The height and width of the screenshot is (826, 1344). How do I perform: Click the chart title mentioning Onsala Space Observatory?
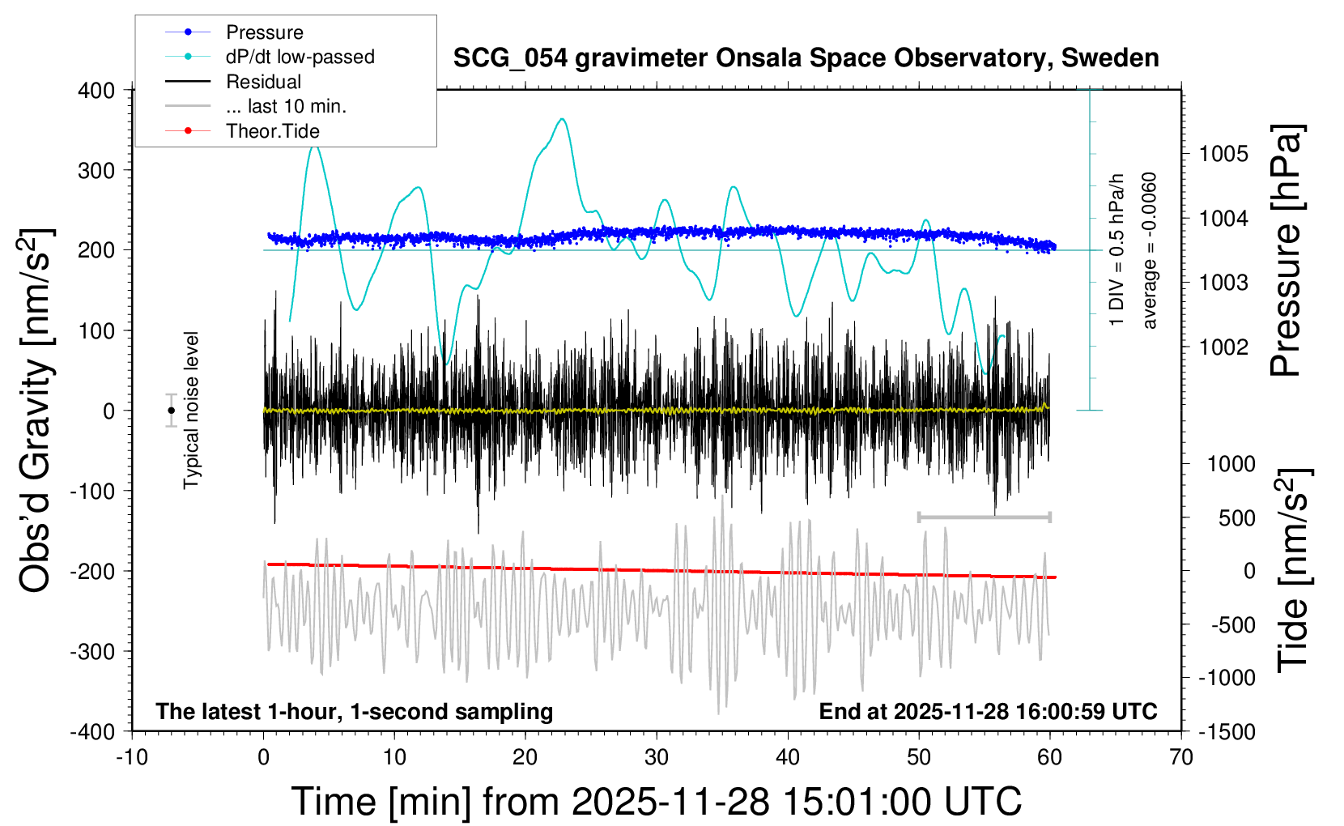pyautogui.click(x=806, y=58)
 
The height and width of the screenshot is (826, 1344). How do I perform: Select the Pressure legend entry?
pyautogui.click(x=264, y=32)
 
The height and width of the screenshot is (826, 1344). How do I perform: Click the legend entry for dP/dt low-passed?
pyautogui.click(x=300, y=57)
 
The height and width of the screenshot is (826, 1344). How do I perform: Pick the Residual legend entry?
pyautogui.click(x=263, y=82)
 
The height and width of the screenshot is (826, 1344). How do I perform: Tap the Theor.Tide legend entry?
pyautogui.click(x=272, y=131)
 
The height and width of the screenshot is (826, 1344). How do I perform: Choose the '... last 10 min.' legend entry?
pyautogui.click(x=286, y=106)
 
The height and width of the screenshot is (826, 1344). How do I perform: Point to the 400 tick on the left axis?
pyautogui.click(x=96, y=91)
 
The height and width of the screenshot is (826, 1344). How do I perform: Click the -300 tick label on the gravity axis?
pyautogui.click(x=92, y=652)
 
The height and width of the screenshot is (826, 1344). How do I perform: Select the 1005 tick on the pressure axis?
pyautogui.click(x=1223, y=154)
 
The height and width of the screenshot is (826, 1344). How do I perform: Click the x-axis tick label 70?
pyautogui.click(x=1181, y=758)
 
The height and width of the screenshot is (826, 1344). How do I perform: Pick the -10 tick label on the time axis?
pyautogui.click(x=132, y=758)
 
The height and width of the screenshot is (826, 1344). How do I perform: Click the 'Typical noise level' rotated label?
pyautogui.click(x=191, y=410)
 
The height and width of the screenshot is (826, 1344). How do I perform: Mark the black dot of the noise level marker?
pyautogui.click(x=171, y=411)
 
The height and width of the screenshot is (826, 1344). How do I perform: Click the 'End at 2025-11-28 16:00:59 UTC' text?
pyautogui.click(x=988, y=712)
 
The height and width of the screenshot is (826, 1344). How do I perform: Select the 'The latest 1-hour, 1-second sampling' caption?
pyautogui.click(x=354, y=712)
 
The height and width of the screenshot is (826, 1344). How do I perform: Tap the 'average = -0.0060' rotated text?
pyautogui.click(x=1150, y=250)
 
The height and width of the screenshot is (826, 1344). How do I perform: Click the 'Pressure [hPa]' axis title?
pyautogui.click(x=1286, y=250)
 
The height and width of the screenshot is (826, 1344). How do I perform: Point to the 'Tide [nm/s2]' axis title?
pyautogui.click(x=1293, y=570)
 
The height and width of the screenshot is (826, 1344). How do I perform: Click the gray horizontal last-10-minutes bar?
pyautogui.click(x=984, y=517)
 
